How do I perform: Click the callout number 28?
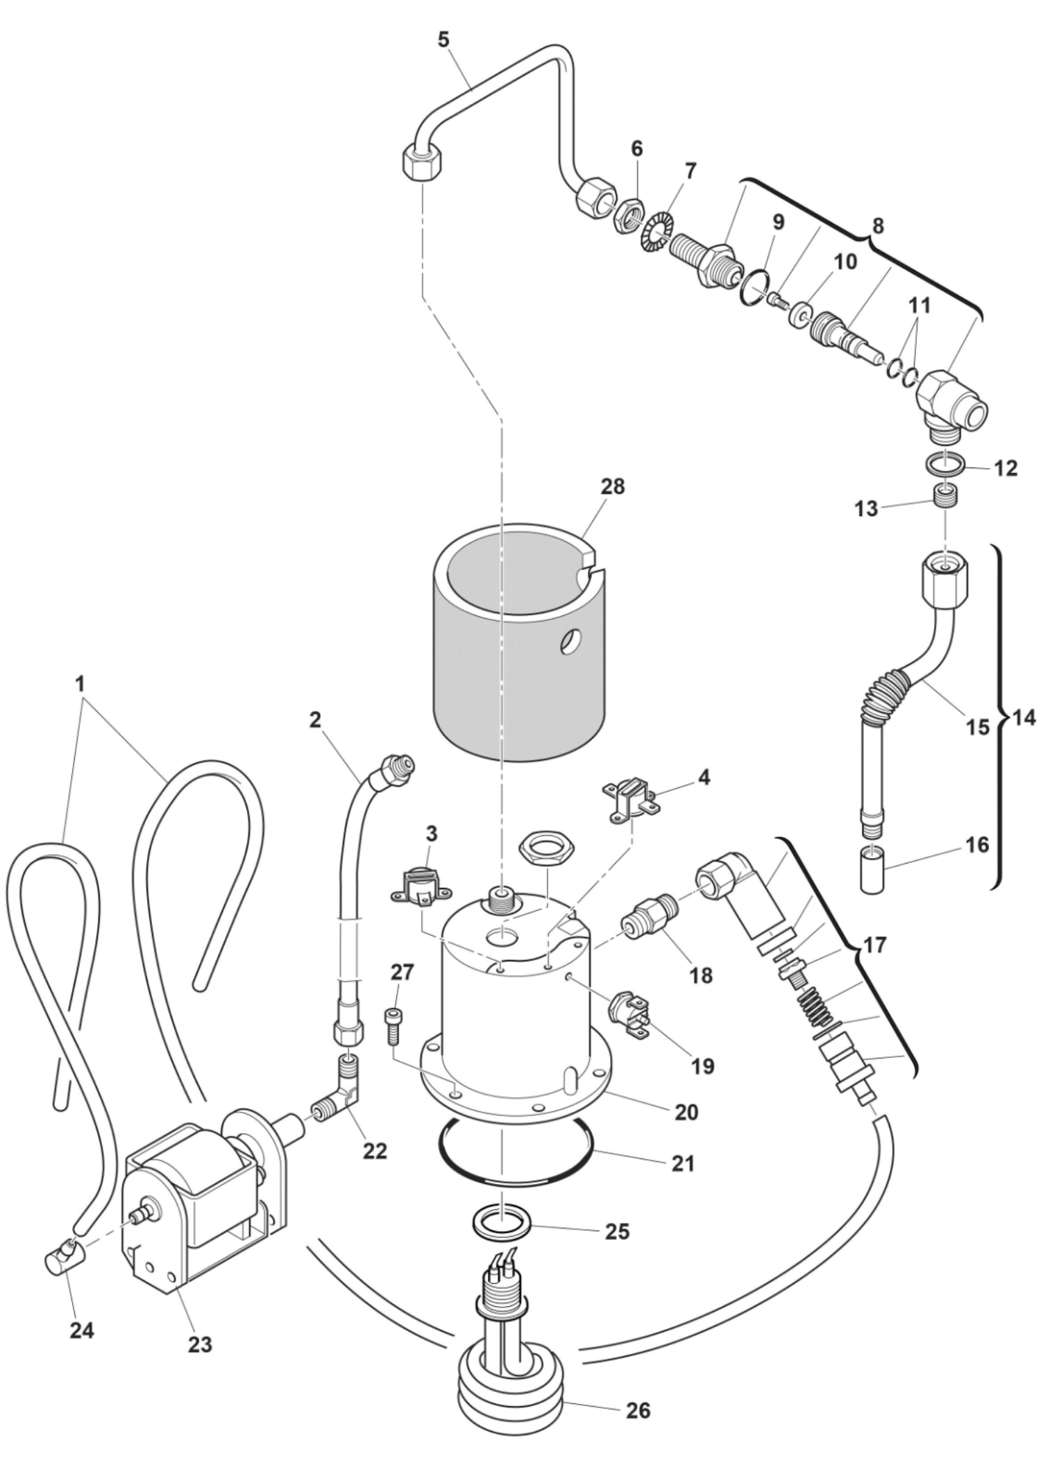pos(613,487)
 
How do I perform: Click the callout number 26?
pos(638,1409)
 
